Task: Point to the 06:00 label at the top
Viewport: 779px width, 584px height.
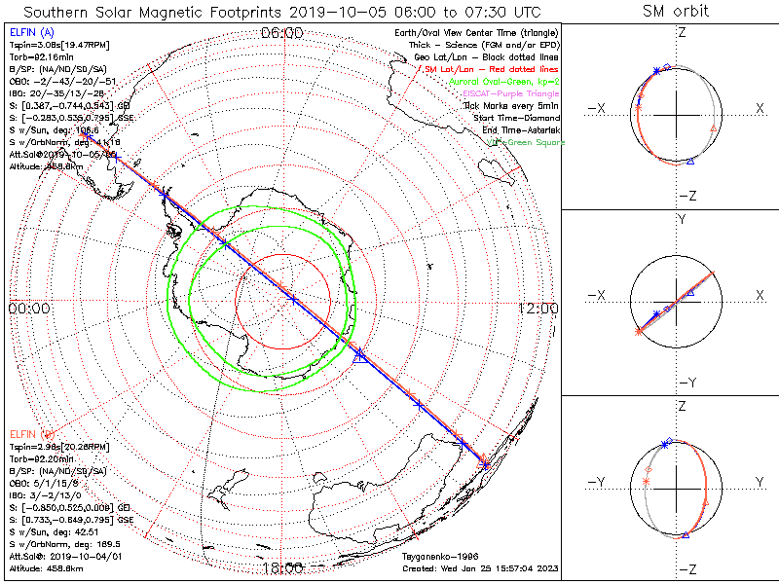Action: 283,33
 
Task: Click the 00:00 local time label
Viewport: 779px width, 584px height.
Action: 29,309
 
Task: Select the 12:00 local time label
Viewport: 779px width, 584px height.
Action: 538,309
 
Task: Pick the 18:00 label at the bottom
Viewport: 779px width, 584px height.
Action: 283,567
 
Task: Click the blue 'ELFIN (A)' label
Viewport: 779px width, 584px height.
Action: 30,33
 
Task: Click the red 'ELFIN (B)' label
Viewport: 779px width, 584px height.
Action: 30,432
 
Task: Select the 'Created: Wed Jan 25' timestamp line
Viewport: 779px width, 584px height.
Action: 480,567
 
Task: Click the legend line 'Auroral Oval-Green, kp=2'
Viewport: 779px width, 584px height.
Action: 504,82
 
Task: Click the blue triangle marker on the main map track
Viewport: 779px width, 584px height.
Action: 359,356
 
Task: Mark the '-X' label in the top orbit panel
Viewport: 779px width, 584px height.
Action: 598,108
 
